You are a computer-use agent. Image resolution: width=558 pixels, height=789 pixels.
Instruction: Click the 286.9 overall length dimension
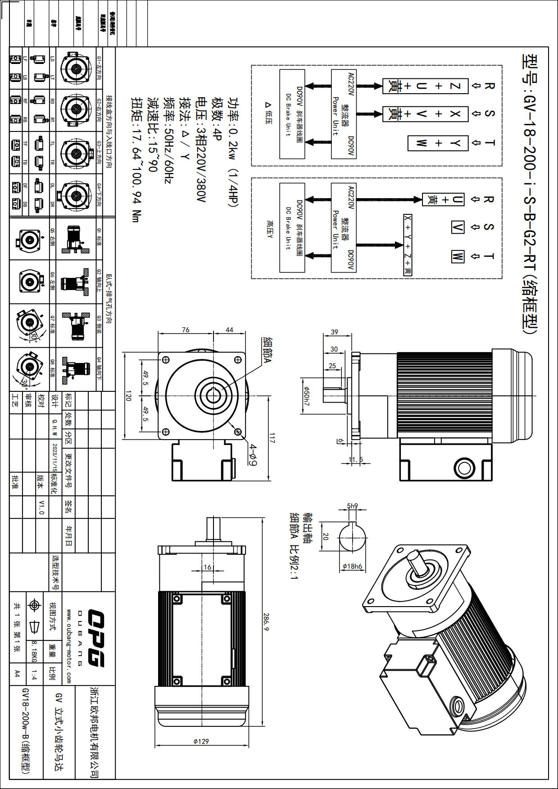[x=266, y=621]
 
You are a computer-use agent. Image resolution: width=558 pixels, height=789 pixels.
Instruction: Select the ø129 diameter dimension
[x=201, y=741]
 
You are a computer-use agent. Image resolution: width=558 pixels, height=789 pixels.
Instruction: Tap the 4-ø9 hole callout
[x=253, y=455]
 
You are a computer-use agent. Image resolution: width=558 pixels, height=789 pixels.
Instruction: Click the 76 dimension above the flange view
[x=186, y=330]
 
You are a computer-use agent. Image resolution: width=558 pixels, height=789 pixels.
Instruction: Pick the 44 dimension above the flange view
[x=229, y=330]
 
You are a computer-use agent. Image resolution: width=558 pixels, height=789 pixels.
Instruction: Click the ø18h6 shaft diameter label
[x=352, y=567]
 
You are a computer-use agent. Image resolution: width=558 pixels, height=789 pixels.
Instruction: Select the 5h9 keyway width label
[x=353, y=506]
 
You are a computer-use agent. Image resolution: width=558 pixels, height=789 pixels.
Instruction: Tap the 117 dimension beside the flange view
[x=272, y=438]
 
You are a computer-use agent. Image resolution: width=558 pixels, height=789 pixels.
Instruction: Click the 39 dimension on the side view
[x=334, y=332]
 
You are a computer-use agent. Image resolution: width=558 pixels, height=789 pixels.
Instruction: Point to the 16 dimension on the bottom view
[x=207, y=567]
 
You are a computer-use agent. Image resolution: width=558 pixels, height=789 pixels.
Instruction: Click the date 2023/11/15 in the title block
[x=54, y=457]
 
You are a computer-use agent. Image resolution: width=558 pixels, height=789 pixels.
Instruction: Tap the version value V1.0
[x=41, y=507]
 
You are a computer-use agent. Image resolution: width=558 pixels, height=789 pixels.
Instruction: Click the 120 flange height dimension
[x=128, y=396]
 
